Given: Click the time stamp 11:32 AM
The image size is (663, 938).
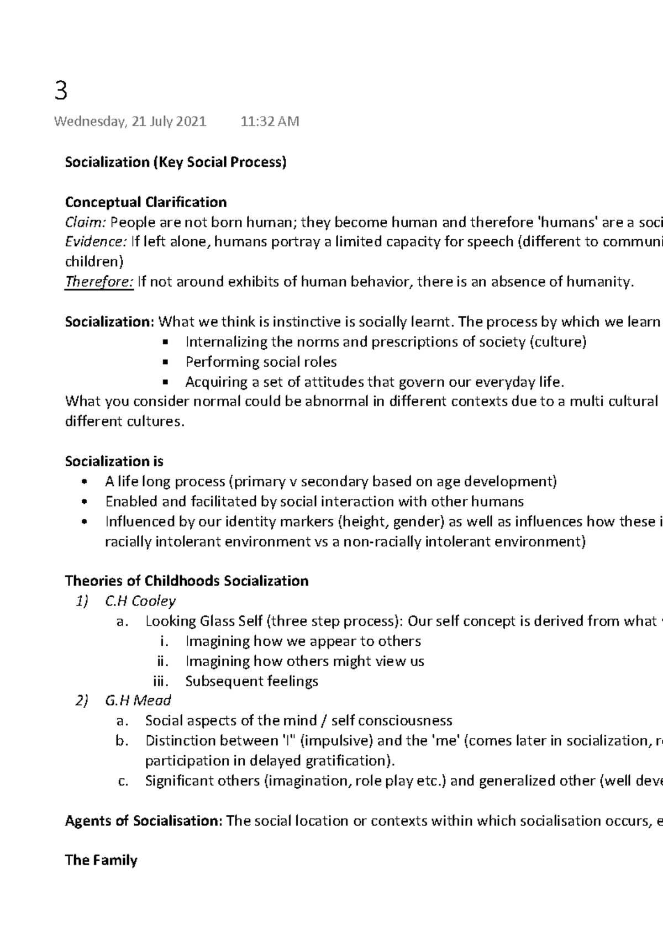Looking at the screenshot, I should pos(270,122).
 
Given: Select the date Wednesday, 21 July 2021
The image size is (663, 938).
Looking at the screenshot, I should pos(130,122).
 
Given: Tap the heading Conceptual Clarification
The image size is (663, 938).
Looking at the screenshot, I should pos(146,202).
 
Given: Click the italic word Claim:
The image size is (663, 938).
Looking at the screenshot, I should pos(86,222).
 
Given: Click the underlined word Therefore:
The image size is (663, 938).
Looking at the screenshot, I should pos(99,282).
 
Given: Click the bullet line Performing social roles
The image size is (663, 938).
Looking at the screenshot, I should pos(261,362).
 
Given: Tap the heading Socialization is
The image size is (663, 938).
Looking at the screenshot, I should pos(114,461).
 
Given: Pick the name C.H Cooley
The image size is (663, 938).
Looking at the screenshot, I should pos(140,601).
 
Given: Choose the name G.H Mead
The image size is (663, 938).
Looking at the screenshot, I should pos(138,700).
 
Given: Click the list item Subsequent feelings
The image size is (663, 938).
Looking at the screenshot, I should pos(252,681).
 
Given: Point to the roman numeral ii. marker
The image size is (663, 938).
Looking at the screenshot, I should pos(163,661).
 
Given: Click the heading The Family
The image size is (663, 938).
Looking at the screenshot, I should pos(101,860).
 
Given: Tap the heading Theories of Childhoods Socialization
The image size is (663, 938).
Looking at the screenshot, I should pos(187,581).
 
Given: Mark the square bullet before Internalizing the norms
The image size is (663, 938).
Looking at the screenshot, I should pos(165,342).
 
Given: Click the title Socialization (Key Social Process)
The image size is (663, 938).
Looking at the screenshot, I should pos(176,162).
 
